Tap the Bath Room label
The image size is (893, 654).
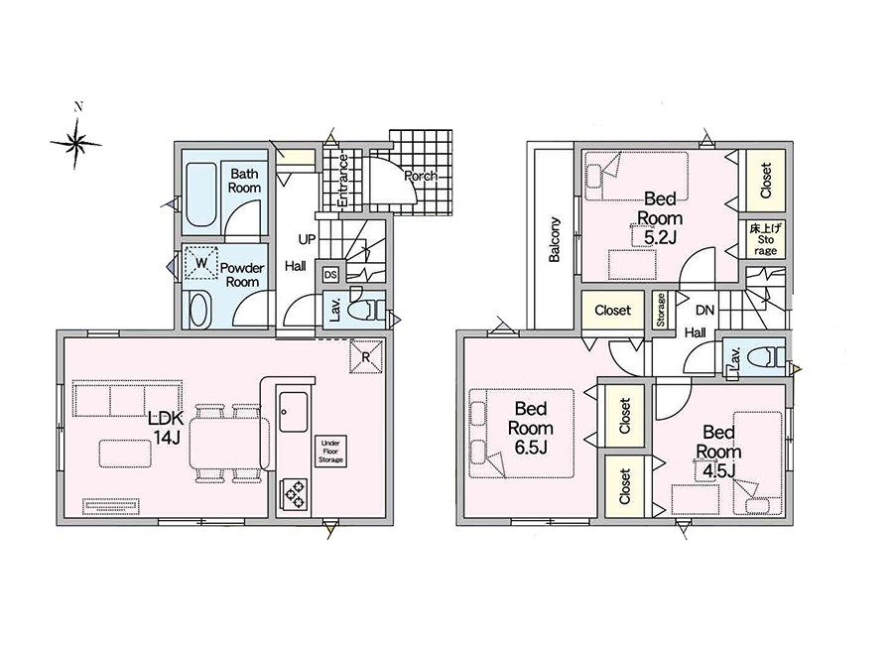point(244,181)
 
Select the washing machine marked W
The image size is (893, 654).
point(201,263)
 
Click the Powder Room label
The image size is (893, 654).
point(242,275)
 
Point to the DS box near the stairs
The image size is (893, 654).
point(330,275)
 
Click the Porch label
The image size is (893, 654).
point(421,176)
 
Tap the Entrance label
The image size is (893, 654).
point(343,180)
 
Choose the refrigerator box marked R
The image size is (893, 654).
point(366,356)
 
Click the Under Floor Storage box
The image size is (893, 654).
point(330,452)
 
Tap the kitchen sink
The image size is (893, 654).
point(294,412)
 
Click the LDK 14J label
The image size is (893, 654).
point(166,428)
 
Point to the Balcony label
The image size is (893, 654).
point(555,239)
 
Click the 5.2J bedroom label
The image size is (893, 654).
point(660,217)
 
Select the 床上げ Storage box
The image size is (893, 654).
point(765,239)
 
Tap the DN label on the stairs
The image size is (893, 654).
point(705,311)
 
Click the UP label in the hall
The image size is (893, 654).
point(307,240)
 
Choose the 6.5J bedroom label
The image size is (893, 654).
point(531,428)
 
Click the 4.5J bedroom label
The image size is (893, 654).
point(718,452)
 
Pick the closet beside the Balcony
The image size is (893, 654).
point(613,311)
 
